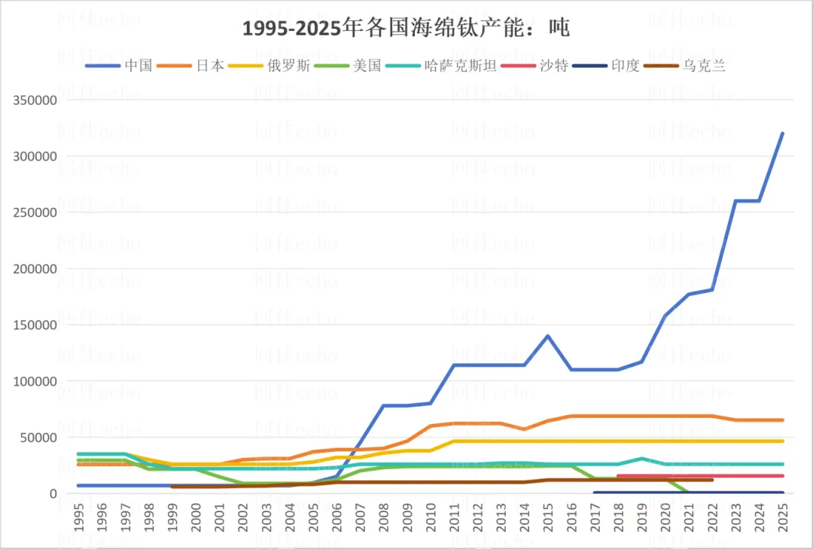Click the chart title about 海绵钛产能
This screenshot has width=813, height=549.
(406, 29)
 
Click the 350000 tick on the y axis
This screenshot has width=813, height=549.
(32, 100)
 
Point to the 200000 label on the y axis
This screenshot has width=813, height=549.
(32, 269)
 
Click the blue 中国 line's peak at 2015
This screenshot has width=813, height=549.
(548, 336)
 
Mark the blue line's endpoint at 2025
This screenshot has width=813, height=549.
(782, 134)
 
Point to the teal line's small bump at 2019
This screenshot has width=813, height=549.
(641, 459)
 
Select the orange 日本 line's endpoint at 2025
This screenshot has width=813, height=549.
(782, 420)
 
